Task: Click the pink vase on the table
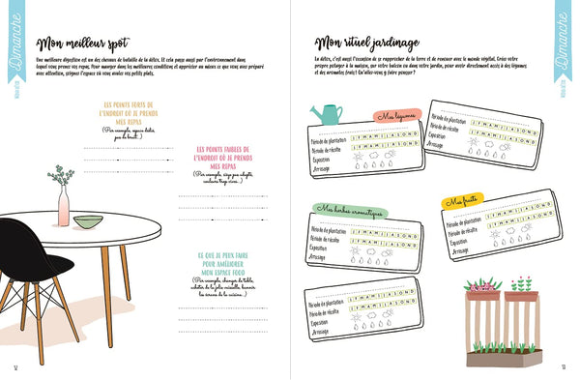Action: pyautogui.click(x=63, y=207)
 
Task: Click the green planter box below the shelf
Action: pyautogui.click(x=502, y=356)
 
